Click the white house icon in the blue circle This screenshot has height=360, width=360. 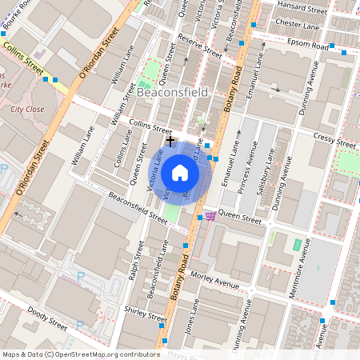179,172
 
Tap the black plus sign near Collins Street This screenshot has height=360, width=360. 170,140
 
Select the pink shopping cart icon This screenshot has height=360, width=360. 210,216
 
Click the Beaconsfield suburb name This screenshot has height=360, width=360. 172,93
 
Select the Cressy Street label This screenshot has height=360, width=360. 335,141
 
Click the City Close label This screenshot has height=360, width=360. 27,107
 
